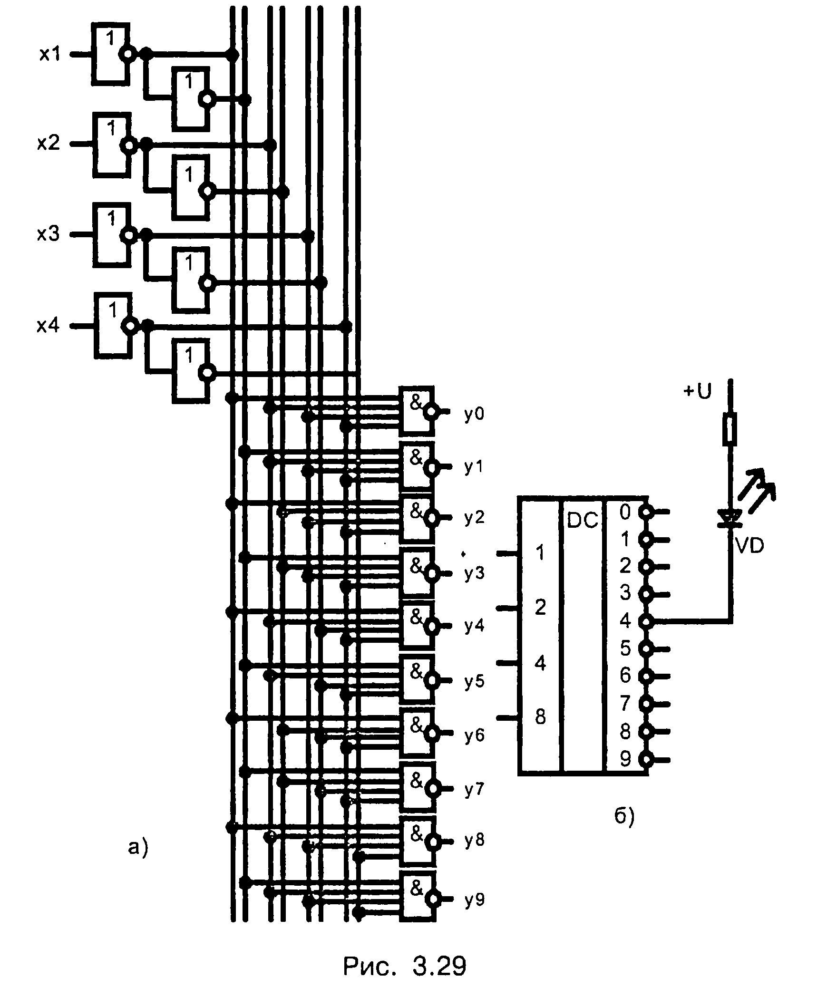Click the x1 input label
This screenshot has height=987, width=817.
coord(49,55)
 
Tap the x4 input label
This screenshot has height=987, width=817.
coord(48,326)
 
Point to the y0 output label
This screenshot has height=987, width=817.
coord(474,415)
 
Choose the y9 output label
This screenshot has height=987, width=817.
coord(474,900)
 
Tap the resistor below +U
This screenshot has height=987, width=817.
coord(730,429)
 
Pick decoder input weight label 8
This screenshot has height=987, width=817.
coord(540,717)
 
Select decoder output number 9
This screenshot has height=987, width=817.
coord(625,759)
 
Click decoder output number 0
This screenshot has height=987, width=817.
coord(625,512)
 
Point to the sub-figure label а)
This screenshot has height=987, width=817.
coord(138,846)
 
